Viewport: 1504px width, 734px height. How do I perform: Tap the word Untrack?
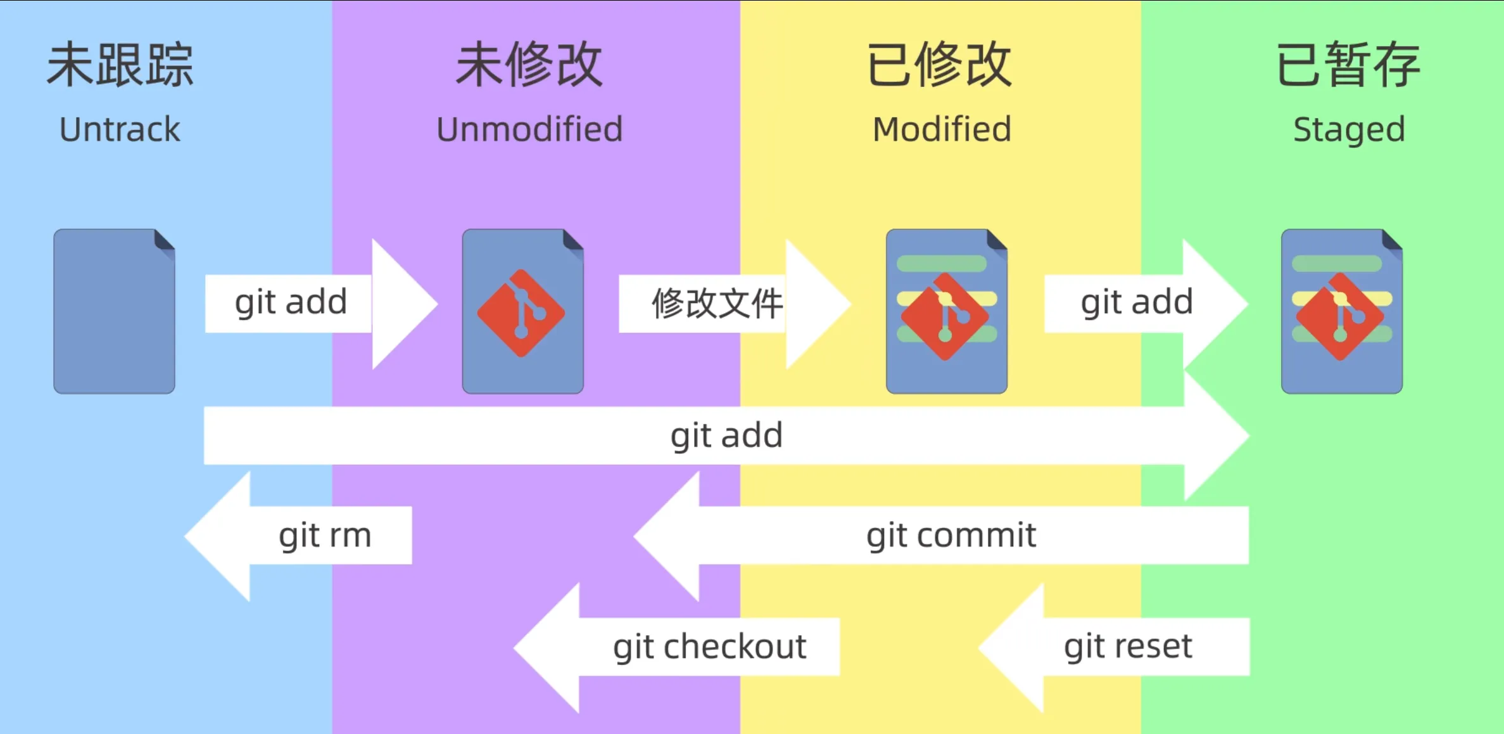(x=120, y=129)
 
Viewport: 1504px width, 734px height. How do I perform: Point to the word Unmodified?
(x=529, y=129)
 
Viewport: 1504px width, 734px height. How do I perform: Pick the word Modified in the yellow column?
(x=942, y=129)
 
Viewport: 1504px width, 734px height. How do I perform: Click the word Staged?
(x=1349, y=131)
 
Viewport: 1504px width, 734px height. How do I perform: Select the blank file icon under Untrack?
(x=114, y=311)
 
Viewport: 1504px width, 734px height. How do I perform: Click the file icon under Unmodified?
(x=523, y=311)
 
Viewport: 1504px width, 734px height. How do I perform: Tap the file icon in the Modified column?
(x=947, y=311)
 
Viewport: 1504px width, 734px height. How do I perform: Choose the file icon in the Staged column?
(x=1342, y=311)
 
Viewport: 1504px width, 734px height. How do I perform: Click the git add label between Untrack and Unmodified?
(x=291, y=303)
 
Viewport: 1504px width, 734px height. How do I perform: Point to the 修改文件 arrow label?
(x=717, y=303)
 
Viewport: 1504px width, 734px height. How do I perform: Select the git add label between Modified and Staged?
(x=1137, y=303)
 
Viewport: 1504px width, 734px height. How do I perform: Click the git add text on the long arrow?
(x=726, y=437)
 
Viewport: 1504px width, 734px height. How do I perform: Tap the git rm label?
(x=325, y=536)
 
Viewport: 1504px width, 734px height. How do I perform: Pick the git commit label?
(x=951, y=536)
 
